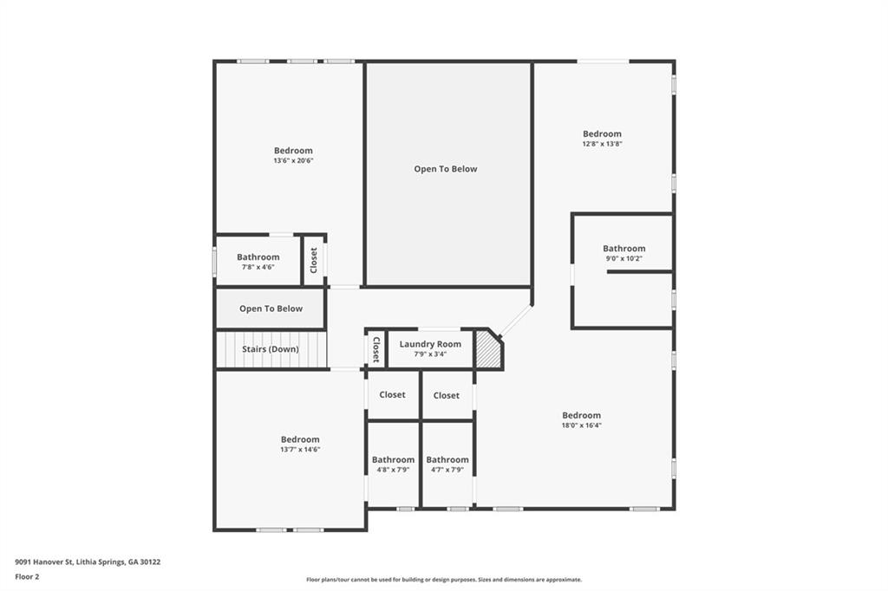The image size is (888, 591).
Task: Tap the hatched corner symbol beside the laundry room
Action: pyautogui.click(x=488, y=352)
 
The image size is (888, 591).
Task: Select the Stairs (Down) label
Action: pyautogui.click(x=271, y=349)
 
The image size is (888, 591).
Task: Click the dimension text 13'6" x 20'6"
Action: pyautogui.click(x=293, y=160)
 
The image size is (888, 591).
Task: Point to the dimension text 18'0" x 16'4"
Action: pyautogui.click(x=581, y=425)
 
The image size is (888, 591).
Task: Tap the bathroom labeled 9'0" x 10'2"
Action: pyautogui.click(x=624, y=253)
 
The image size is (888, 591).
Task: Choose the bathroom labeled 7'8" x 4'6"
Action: pyautogui.click(x=258, y=262)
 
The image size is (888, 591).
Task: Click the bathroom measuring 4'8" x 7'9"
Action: pyautogui.click(x=393, y=464)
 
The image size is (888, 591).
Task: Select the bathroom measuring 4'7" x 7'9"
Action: pyautogui.click(x=447, y=464)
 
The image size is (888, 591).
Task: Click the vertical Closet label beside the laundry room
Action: pyautogui.click(x=375, y=349)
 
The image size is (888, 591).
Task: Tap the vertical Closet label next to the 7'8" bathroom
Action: pyautogui.click(x=314, y=260)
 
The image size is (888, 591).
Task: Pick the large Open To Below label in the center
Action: pyautogui.click(x=445, y=169)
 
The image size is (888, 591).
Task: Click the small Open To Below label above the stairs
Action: pyautogui.click(x=271, y=308)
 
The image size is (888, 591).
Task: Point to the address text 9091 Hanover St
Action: pyautogui.click(x=87, y=562)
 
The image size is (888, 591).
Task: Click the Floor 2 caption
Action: pyautogui.click(x=28, y=575)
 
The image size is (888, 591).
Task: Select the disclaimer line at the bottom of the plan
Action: pyautogui.click(x=443, y=580)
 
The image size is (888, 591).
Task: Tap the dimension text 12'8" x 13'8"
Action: pyautogui.click(x=602, y=144)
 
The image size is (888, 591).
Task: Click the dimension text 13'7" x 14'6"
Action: pyautogui.click(x=300, y=449)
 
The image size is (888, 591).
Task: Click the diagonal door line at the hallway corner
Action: pyautogui.click(x=516, y=321)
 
